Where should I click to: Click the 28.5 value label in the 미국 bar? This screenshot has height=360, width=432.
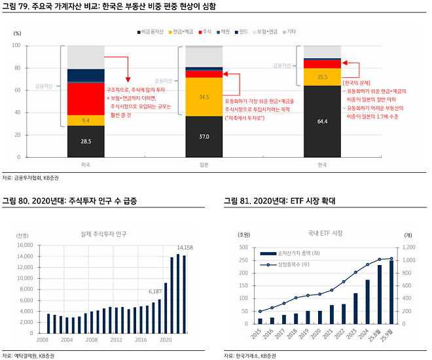(86, 141)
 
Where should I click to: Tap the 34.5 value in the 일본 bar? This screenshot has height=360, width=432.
(204, 97)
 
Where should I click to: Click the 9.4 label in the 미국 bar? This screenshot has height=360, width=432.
(86, 120)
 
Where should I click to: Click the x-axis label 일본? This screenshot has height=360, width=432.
(204, 165)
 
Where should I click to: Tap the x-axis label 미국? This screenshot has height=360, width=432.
(86, 165)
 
